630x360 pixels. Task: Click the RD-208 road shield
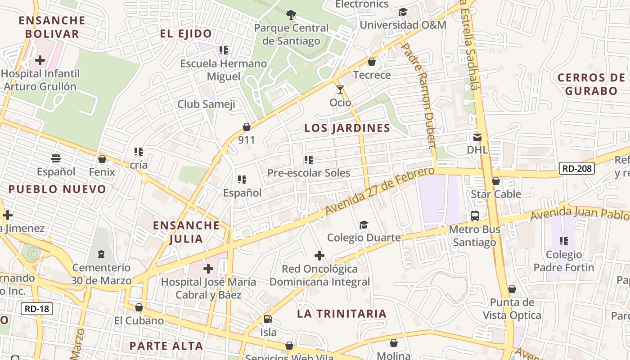click(577, 169)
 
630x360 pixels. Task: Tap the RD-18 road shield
click(37, 309)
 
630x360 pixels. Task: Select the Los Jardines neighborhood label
click(347, 128)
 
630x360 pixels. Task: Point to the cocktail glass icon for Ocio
click(340, 90)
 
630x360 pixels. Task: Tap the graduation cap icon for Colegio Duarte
click(364, 225)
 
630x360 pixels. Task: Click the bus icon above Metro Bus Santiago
click(475, 216)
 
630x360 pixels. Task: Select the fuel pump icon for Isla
click(268, 319)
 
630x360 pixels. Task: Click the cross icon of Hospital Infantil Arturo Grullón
click(40, 60)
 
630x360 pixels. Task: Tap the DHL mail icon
click(477, 137)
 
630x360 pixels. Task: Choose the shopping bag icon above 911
click(246, 127)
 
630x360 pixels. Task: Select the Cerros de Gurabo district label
click(591, 84)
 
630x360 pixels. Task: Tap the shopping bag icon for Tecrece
click(372, 62)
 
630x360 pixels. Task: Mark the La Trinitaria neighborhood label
click(342, 314)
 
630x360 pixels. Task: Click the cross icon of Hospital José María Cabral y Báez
click(208, 269)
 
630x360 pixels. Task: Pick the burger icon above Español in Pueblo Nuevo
click(56, 158)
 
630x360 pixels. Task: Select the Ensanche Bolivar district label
click(52, 27)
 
